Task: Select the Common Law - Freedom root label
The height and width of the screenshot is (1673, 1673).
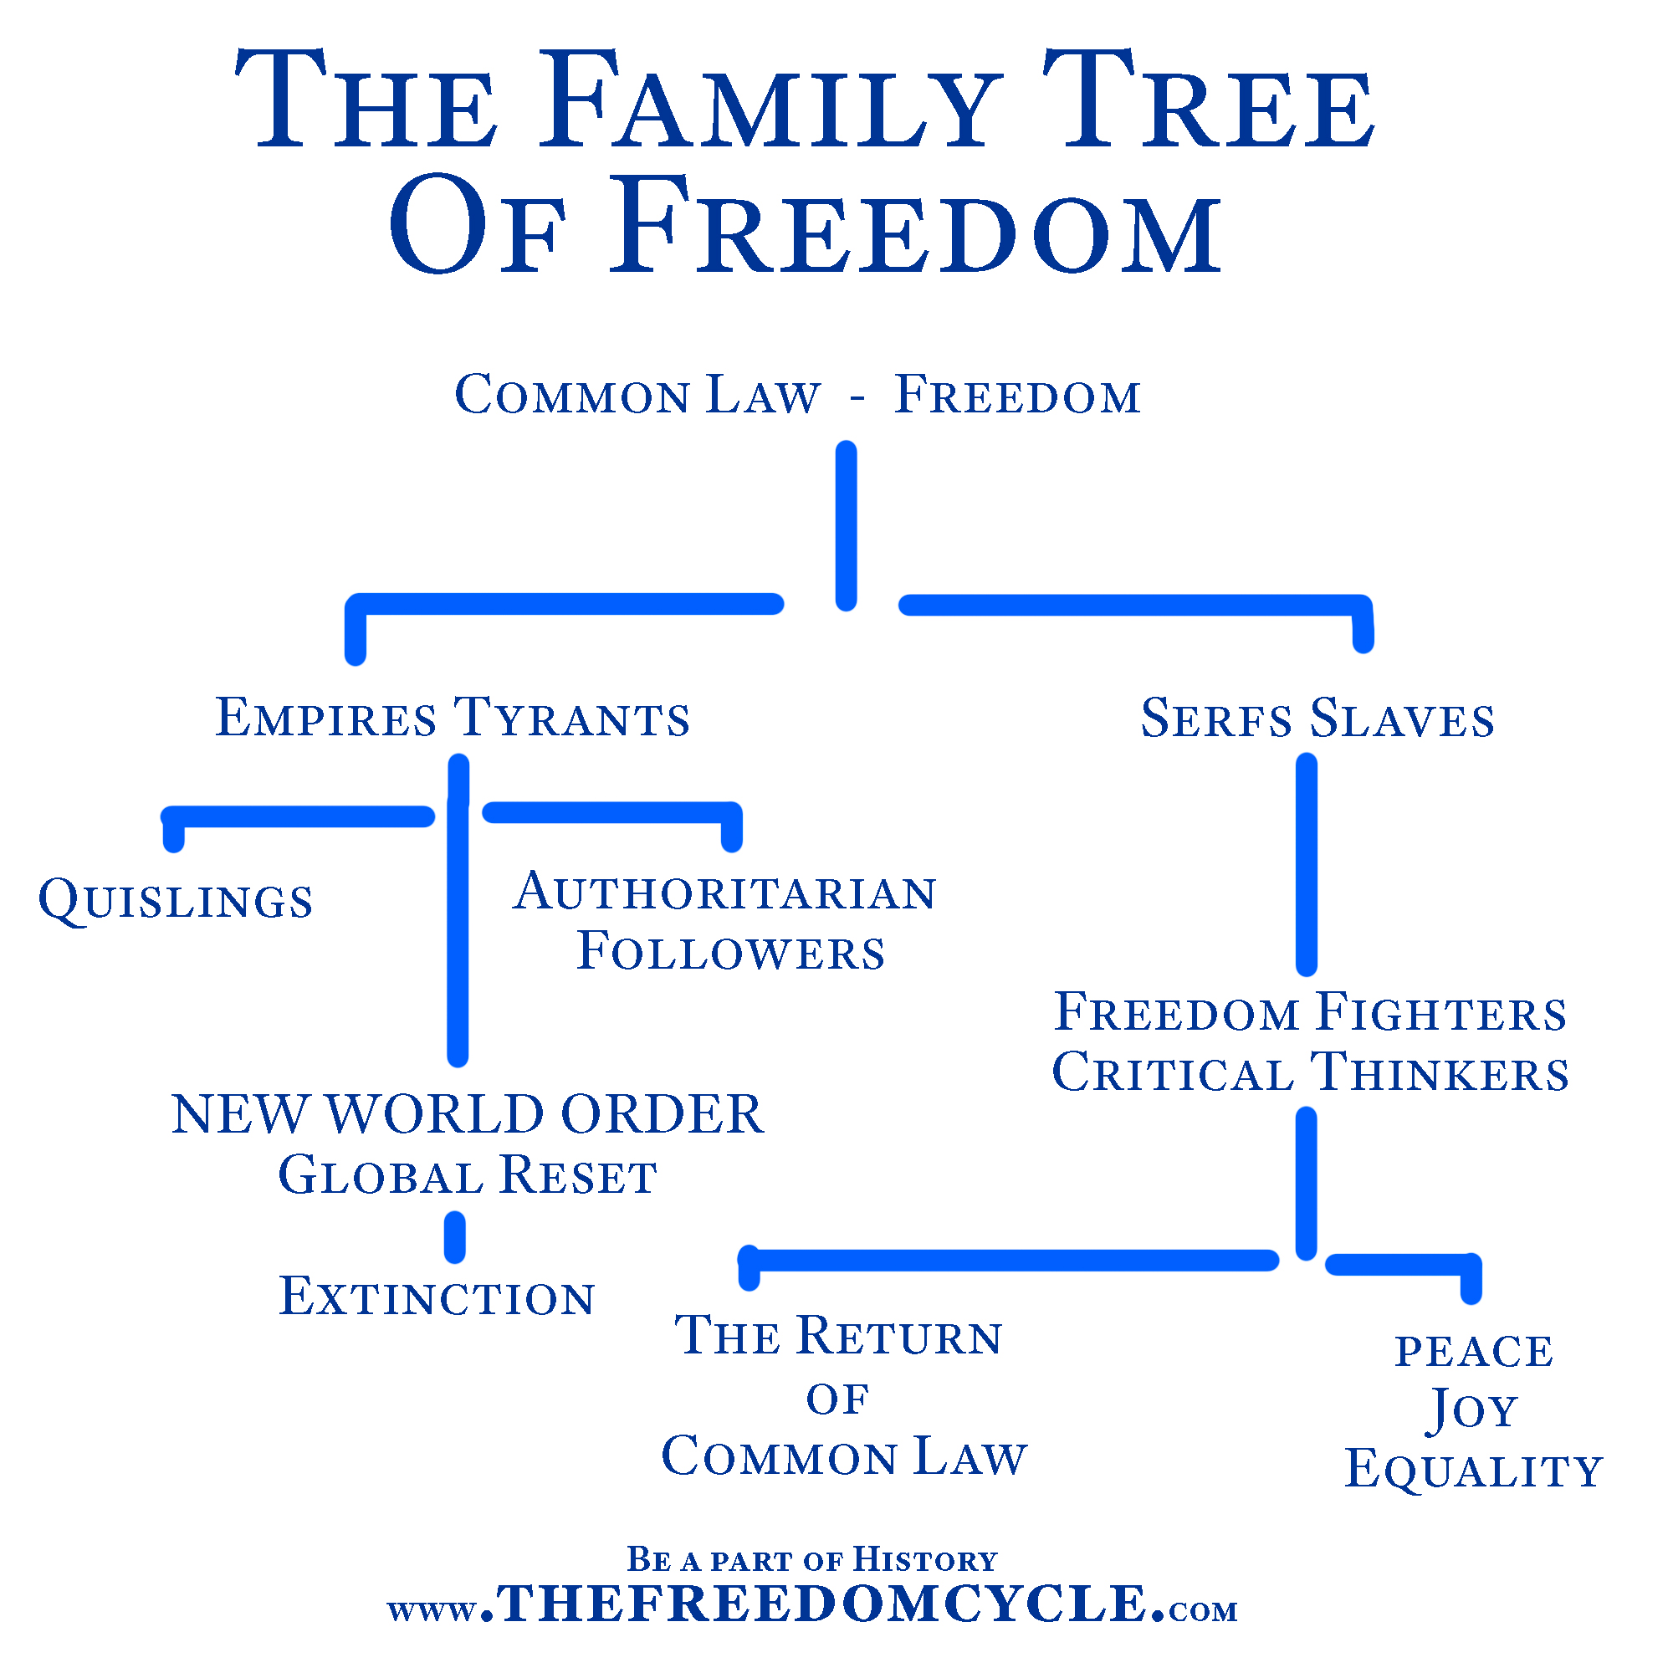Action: point(797,396)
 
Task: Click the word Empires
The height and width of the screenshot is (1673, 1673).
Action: point(325,718)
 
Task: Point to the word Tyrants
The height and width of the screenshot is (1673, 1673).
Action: point(571,718)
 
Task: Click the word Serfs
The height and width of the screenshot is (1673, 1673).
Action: point(1215,719)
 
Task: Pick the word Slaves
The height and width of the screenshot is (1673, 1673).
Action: point(1402,719)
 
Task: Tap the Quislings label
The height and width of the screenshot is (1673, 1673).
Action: point(176,901)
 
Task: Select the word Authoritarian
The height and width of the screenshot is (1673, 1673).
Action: point(724,892)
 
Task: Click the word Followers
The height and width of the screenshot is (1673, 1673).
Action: point(731,952)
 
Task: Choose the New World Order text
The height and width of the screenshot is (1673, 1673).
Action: point(468,1114)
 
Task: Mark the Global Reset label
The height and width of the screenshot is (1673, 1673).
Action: point(468,1176)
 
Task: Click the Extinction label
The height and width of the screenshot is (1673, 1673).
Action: point(437,1297)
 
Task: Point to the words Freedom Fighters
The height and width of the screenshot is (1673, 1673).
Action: point(1310,1012)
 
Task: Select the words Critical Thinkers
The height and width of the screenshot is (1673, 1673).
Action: point(1310,1073)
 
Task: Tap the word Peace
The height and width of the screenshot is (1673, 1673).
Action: point(1474,1352)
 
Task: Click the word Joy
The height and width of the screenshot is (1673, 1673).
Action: point(1472,1410)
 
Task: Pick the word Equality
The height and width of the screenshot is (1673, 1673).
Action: point(1474,1470)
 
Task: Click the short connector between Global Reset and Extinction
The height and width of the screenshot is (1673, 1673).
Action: point(454,1237)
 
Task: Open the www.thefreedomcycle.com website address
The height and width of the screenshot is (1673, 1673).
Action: point(812,1603)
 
